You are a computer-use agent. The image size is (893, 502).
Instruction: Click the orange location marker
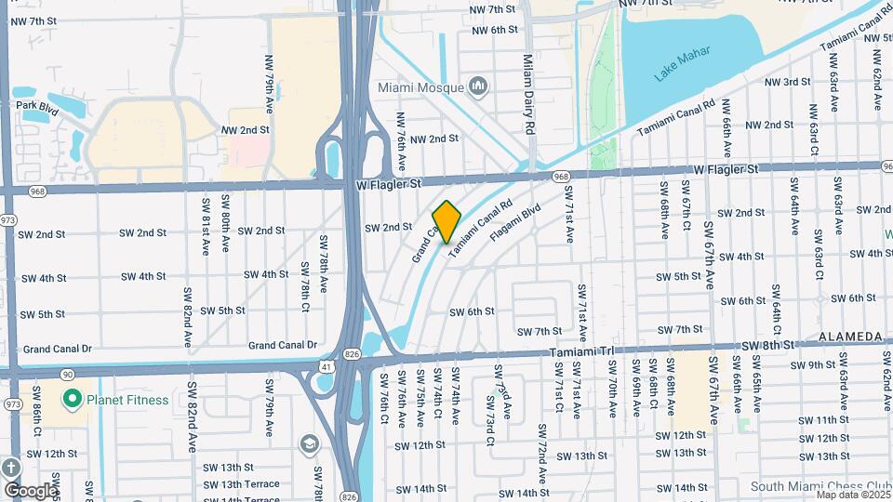[x=446, y=221]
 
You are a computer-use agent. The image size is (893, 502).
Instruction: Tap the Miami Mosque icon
[x=479, y=87]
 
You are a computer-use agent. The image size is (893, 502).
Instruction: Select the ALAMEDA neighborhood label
[x=850, y=335]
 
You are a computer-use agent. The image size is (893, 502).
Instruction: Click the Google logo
[x=30, y=490]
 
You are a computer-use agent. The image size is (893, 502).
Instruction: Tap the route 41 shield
[x=327, y=367]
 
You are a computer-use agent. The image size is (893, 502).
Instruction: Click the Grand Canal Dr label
[x=58, y=349]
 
